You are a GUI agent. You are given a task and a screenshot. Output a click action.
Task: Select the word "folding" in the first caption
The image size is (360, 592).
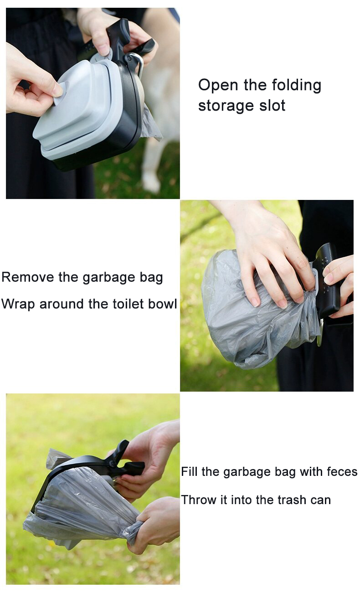[x=297, y=86]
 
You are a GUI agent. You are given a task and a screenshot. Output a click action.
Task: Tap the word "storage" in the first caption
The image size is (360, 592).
[x=222, y=106]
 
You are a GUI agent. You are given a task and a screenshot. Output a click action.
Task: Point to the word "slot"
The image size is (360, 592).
[x=273, y=105]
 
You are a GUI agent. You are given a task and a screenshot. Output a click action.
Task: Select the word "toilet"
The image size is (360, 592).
[x=127, y=304]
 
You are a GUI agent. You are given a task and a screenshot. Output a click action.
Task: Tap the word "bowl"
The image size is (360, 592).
[x=163, y=304]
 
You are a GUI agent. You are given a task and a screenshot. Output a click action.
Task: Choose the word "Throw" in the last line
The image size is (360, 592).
[x=197, y=500]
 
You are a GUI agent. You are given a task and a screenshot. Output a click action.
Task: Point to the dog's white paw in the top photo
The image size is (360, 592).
[x=151, y=182]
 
